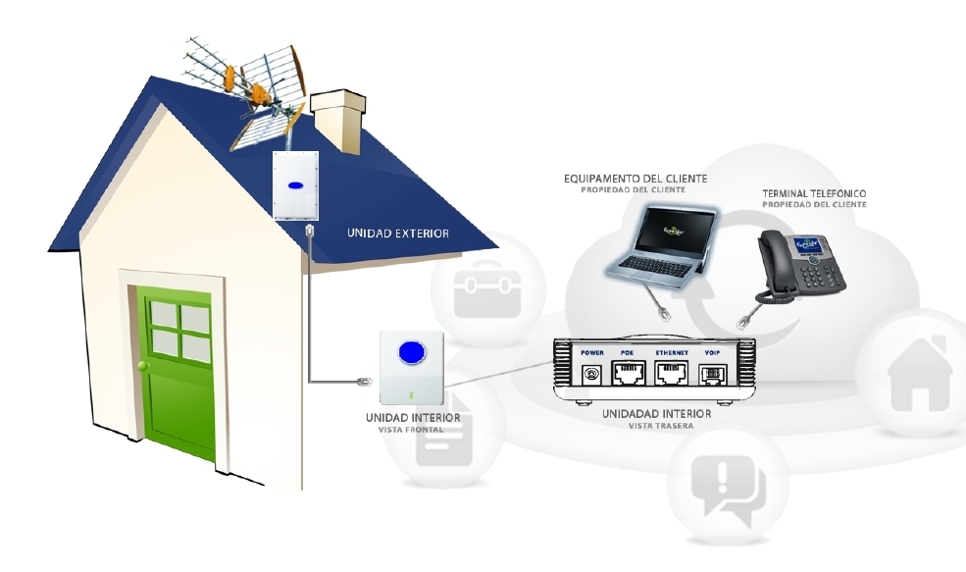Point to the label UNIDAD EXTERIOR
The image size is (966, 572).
click(397, 234)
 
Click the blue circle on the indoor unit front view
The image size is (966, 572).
click(411, 351)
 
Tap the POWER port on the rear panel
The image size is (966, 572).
click(592, 373)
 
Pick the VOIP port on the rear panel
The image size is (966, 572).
click(712, 373)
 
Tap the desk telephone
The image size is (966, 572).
click(799, 260)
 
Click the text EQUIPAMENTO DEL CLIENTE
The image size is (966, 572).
click(635, 178)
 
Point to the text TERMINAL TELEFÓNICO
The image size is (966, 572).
click(814, 193)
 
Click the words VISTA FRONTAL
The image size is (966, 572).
click(411, 430)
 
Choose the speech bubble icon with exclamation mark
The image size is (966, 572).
click(727, 486)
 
